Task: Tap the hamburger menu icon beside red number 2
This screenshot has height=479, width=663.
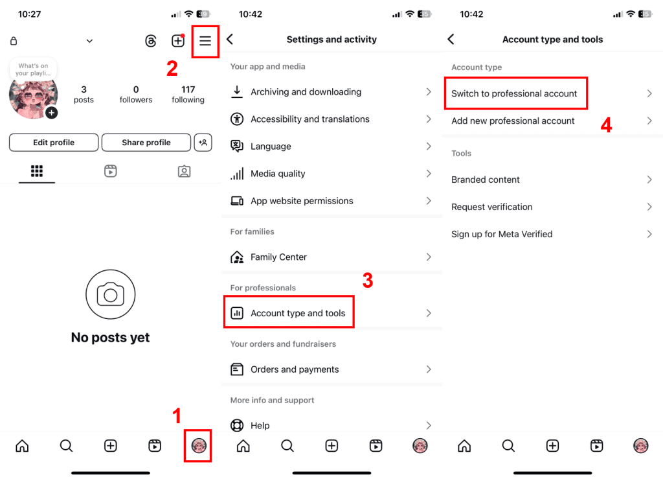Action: pyautogui.click(x=205, y=41)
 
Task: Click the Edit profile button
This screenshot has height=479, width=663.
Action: pyautogui.click(x=54, y=143)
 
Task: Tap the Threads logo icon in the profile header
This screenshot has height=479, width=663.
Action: pyautogui.click(x=151, y=41)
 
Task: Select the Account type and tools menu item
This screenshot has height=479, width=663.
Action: pyautogui.click(x=298, y=313)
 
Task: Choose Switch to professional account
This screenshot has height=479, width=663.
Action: pyautogui.click(x=514, y=93)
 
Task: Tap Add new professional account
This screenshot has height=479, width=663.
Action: pyautogui.click(x=513, y=121)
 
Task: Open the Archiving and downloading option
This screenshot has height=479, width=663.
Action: pyautogui.click(x=306, y=92)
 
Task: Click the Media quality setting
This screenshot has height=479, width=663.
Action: pyautogui.click(x=278, y=174)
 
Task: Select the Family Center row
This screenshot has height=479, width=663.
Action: pyautogui.click(x=278, y=257)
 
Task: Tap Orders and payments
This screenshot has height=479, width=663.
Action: pyautogui.click(x=295, y=369)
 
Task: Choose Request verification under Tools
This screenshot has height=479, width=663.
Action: pyautogui.click(x=492, y=207)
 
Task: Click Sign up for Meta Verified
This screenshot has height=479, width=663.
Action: pyautogui.click(x=502, y=234)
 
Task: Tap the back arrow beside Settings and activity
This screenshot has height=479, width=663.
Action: pyautogui.click(x=230, y=40)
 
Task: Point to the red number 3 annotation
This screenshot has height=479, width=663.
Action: pyautogui.click(x=367, y=281)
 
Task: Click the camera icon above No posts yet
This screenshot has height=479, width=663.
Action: pyautogui.click(x=110, y=295)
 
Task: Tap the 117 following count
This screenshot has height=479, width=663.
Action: pyautogui.click(x=188, y=94)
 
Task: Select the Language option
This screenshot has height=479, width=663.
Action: pyautogui.click(x=271, y=146)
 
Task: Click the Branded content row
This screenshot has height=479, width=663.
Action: pyautogui.click(x=486, y=180)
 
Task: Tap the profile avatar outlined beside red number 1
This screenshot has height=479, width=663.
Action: pyautogui.click(x=198, y=445)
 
